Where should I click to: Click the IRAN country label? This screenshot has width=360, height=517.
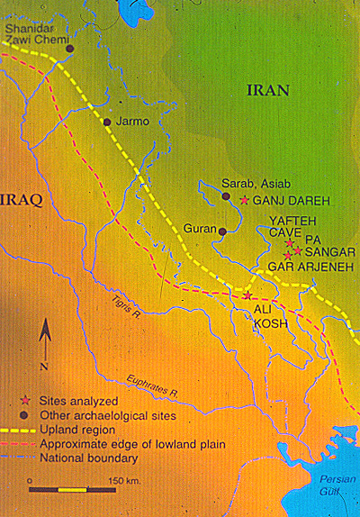[267, 90]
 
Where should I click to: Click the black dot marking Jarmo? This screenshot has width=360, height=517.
[107, 122]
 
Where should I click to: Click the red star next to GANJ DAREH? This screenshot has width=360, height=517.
[243, 199]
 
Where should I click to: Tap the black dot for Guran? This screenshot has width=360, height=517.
[222, 231]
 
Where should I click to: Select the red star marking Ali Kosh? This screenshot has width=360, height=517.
[247, 295]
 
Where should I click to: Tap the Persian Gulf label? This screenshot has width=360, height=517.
[330, 499]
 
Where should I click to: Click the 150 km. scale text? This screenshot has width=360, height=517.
[124, 480]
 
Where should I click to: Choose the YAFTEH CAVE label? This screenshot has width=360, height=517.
[289, 225]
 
